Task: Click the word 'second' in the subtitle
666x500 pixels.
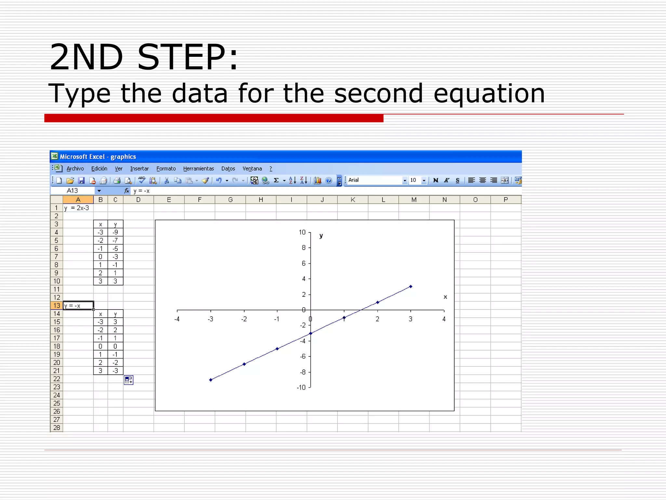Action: [378, 93]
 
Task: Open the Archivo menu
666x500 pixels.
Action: [75, 169]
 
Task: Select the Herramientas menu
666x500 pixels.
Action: [198, 169]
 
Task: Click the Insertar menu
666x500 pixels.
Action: [139, 169]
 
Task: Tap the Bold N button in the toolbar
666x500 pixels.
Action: [436, 180]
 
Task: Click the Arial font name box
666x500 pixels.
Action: [374, 180]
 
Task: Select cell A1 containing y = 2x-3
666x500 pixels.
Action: [78, 208]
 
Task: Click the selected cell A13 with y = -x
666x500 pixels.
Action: [78, 306]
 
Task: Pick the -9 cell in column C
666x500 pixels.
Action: [115, 232]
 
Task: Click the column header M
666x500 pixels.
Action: [414, 200]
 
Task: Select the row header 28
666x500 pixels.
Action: [57, 428]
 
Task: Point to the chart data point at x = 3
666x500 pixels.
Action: [411, 287]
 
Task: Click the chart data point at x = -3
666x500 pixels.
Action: [211, 380]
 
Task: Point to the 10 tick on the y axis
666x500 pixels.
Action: [302, 232]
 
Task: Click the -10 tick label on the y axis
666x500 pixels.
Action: [301, 387]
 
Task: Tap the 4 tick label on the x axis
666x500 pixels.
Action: [444, 319]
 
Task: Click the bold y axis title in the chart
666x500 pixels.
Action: [321, 236]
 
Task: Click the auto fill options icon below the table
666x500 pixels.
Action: [129, 380]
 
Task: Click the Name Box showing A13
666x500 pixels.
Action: [73, 191]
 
